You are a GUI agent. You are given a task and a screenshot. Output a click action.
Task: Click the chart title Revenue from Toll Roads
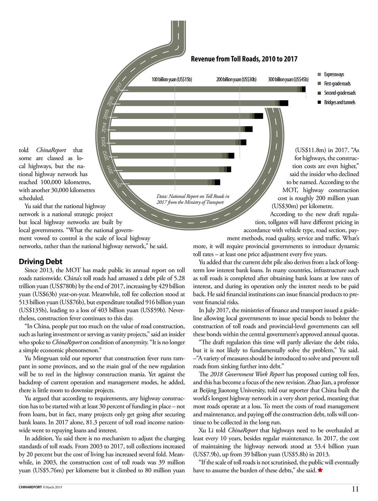coord(244,59)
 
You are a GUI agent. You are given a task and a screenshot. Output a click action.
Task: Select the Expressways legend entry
coord(334,74)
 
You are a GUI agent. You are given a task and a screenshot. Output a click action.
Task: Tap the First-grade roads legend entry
coord(337,84)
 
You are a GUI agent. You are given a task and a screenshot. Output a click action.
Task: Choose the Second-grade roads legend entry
coord(339,93)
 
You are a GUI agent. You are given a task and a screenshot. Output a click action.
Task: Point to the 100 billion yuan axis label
coord(172,79)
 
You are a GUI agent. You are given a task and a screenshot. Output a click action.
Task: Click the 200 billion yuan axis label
coord(236,79)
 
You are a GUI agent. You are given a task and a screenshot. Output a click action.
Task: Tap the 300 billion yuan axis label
coord(288,79)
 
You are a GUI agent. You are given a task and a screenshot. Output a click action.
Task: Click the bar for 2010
coord(164,182)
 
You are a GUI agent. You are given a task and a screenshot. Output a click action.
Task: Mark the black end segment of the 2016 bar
coord(284,103)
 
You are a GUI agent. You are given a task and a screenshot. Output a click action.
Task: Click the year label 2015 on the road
coord(106,115)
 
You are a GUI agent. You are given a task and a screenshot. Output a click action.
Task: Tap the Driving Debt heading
coord(41,261)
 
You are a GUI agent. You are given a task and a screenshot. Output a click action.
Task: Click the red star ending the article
coord(320,470)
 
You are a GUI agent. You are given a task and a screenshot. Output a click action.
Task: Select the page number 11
coord(355,488)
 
